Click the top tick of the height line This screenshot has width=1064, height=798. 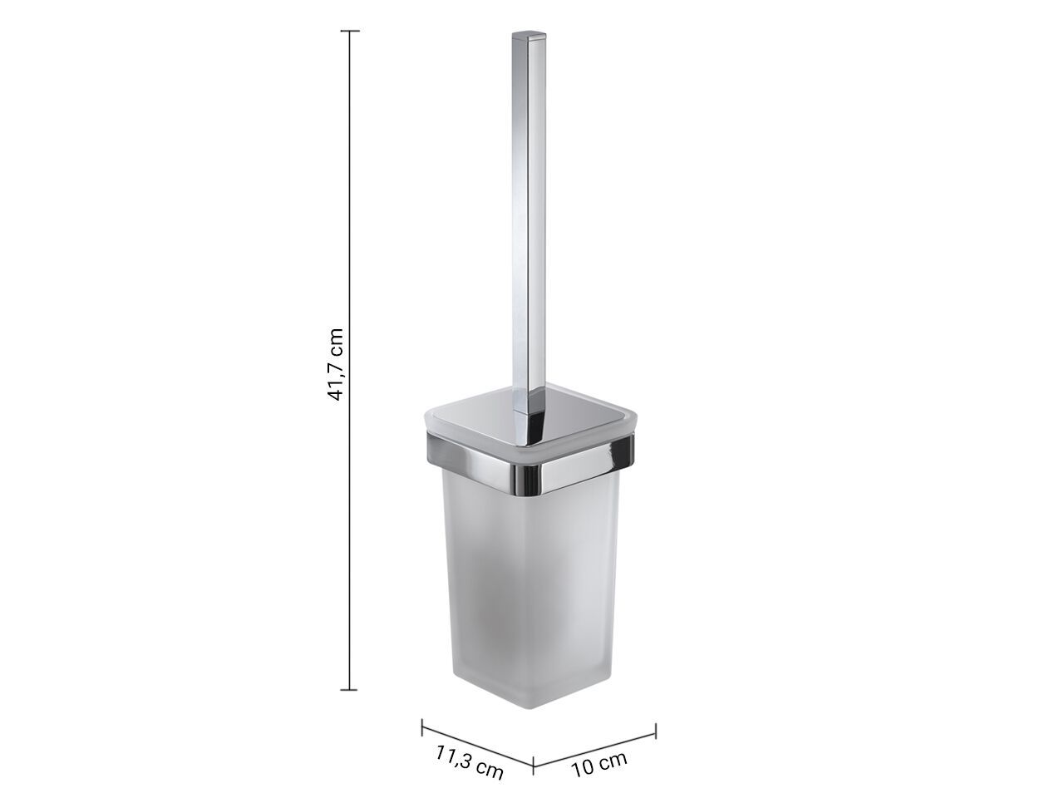click(350, 31)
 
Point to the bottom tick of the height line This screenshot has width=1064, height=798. click(349, 688)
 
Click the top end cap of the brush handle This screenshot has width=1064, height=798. click(530, 36)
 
